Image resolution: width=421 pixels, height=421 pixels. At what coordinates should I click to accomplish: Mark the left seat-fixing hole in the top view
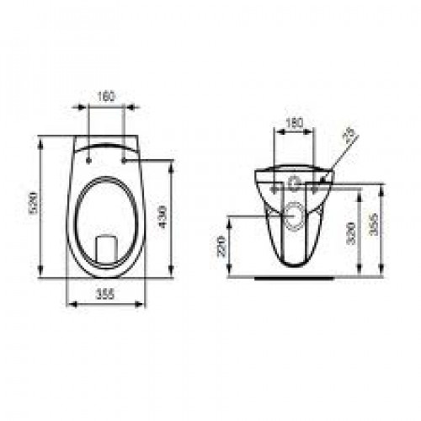(88, 155)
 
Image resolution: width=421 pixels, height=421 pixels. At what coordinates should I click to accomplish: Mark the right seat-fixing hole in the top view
(124, 155)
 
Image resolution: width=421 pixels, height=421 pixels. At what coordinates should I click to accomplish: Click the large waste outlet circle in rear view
(294, 216)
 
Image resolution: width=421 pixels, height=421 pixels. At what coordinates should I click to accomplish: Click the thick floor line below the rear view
(294, 274)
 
